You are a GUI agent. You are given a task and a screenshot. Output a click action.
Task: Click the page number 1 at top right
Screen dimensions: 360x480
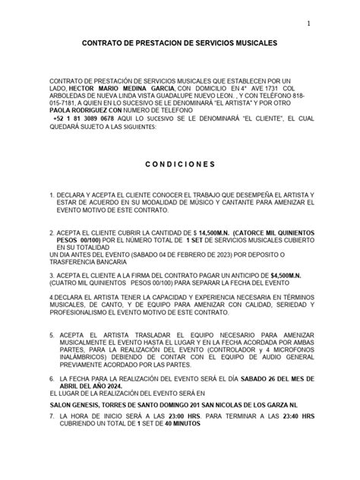pyautogui.click(x=309, y=24)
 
